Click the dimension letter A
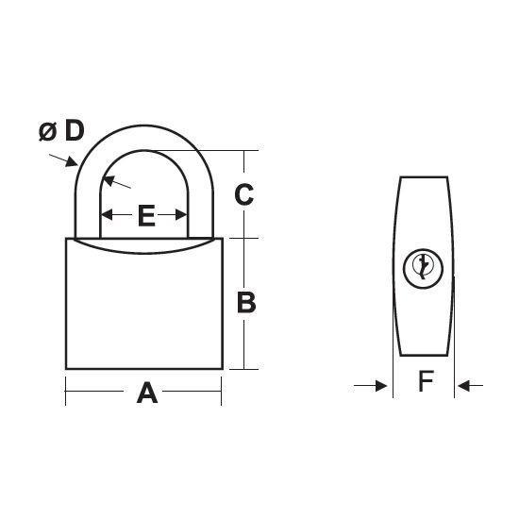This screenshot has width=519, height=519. tap(147, 393)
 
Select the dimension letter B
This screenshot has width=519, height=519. tap(246, 302)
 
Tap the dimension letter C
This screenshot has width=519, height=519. tap(244, 194)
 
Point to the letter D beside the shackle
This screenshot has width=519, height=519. tap(75, 131)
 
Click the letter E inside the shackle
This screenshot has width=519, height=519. tap(146, 215)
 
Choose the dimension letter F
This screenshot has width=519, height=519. tap(426, 380)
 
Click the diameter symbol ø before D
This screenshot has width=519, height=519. tap(48, 131)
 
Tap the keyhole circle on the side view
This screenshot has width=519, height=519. tap(423, 268)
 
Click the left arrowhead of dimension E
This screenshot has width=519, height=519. tap(107, 215)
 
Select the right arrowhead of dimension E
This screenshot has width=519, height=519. tap(181, 215)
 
